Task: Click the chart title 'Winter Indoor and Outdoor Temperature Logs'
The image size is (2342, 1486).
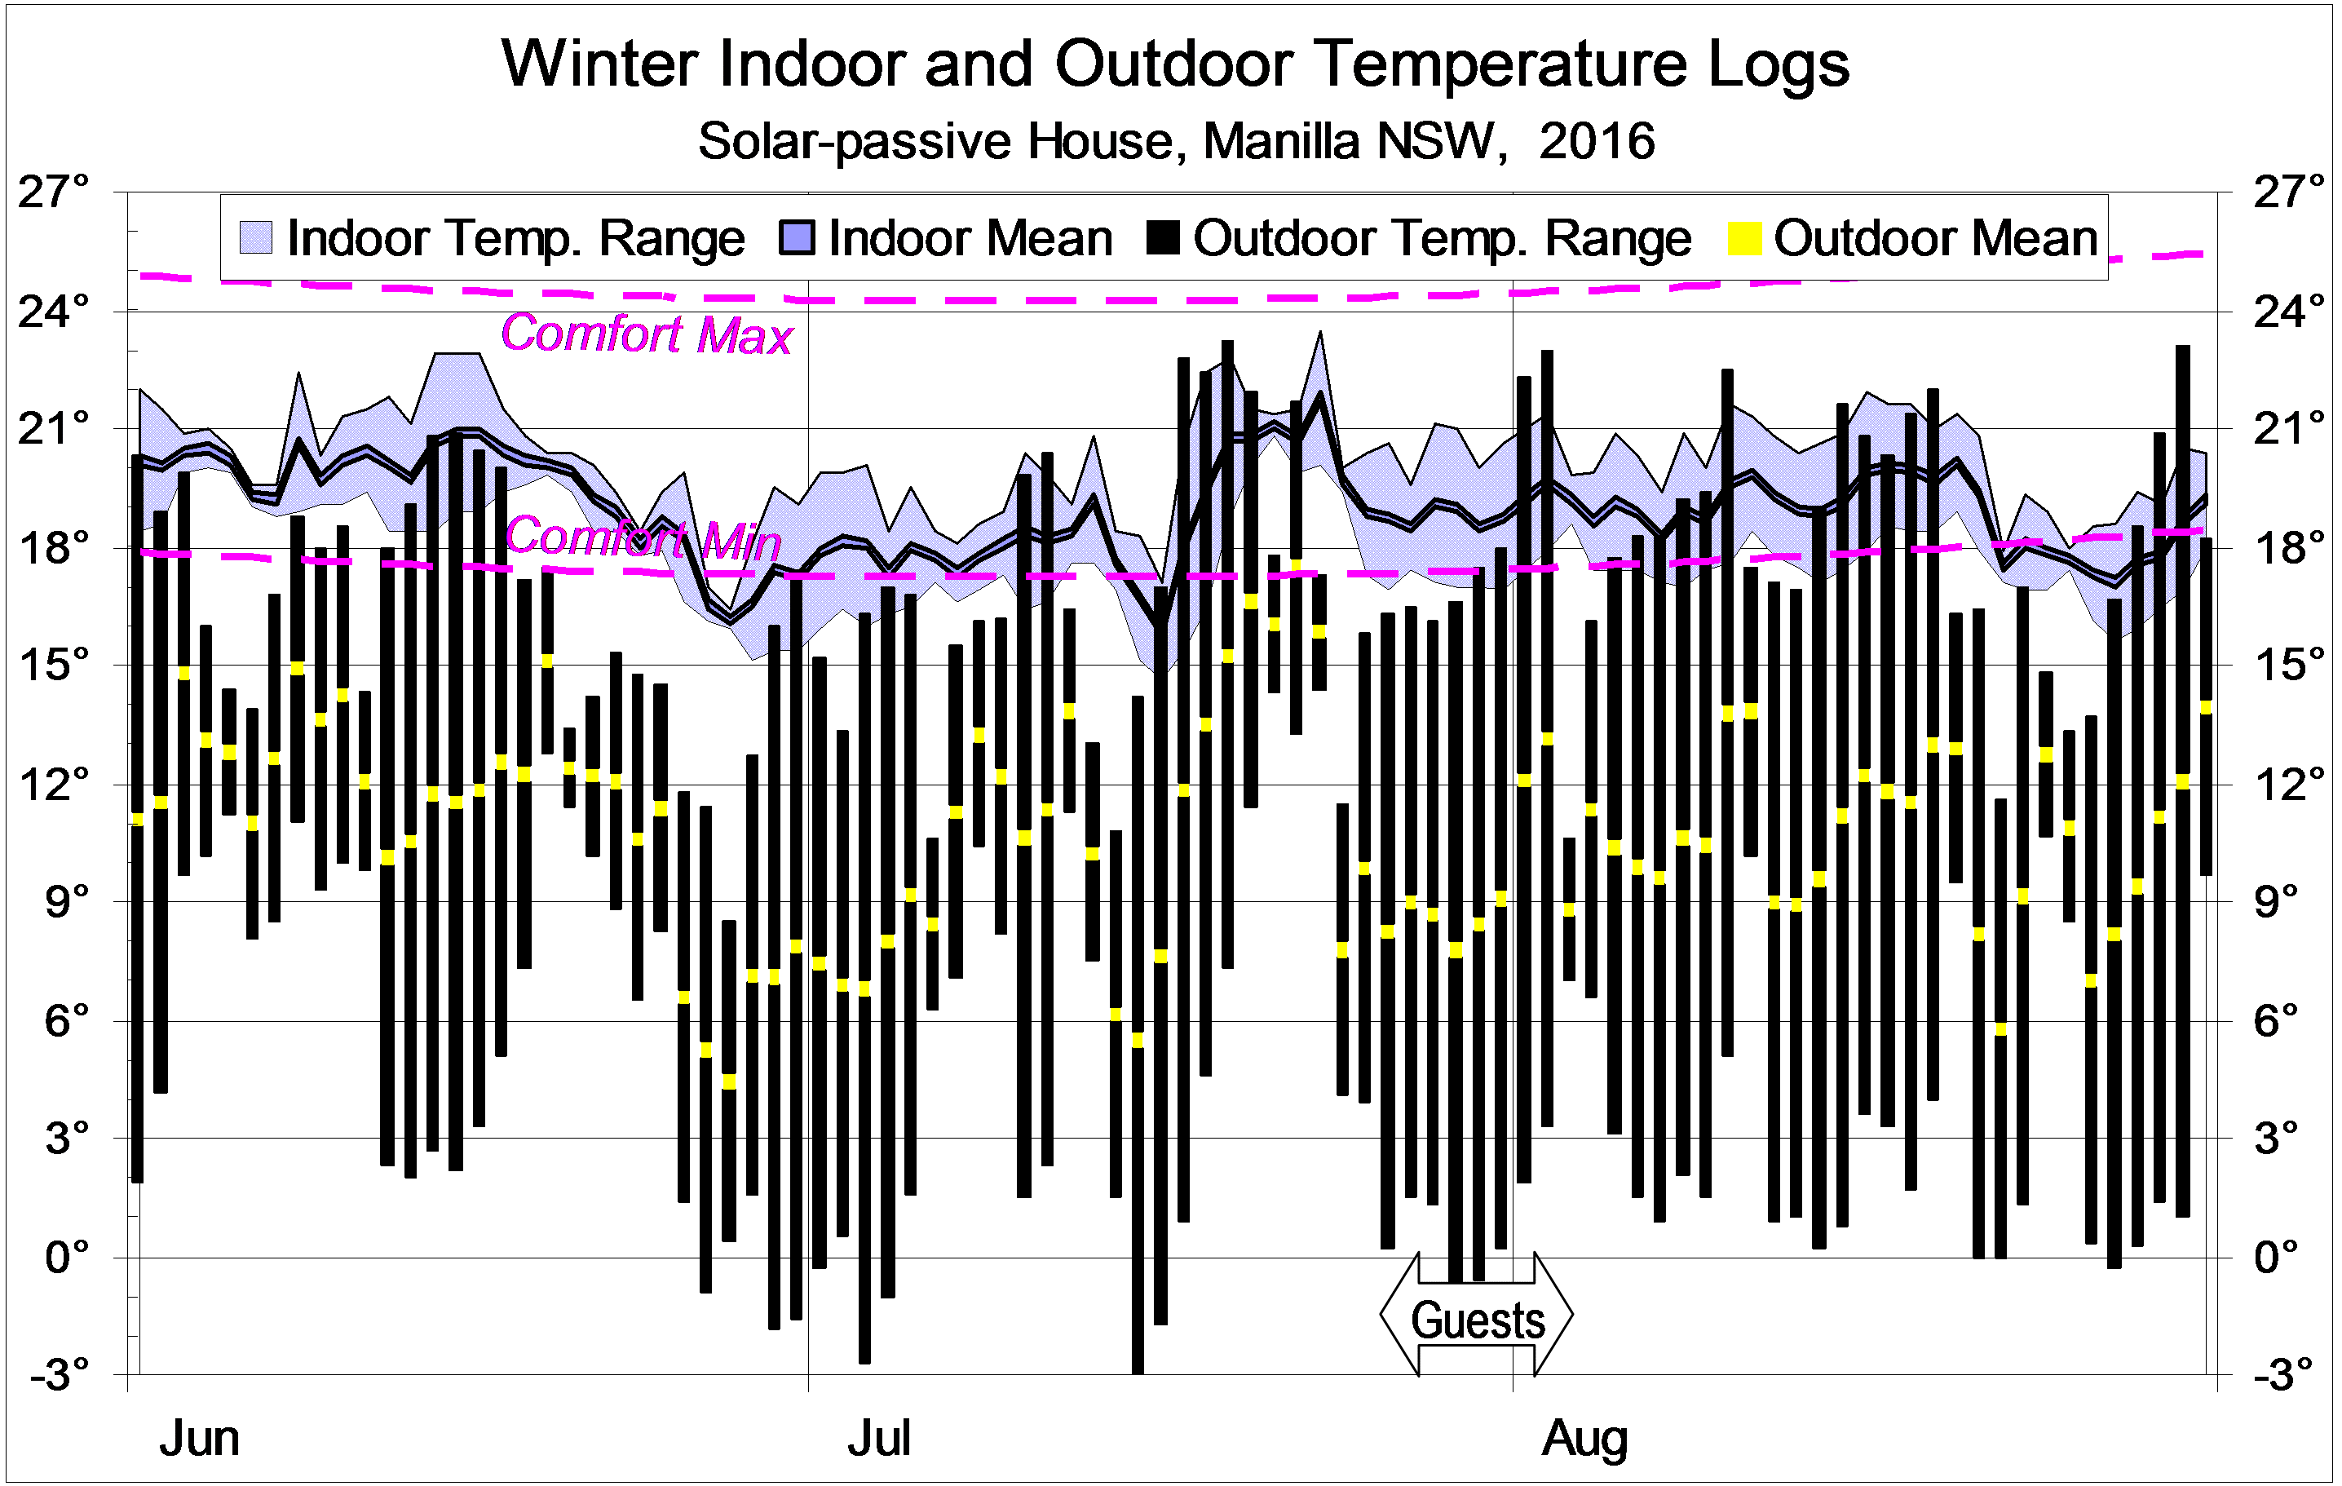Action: tap(1174, 64)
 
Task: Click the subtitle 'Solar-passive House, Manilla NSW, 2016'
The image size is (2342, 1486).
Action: tap(1176, 141)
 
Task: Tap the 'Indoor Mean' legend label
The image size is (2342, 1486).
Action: tap(970, 238)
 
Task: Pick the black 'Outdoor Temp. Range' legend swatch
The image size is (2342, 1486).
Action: tap(1163, 238)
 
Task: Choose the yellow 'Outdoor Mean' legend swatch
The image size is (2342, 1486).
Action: tap(1743, 238)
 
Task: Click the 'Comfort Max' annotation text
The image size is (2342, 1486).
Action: tap(647, 334)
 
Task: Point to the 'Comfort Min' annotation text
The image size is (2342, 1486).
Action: tap(643, 537)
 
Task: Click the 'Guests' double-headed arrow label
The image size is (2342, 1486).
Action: tap(1478, 1320)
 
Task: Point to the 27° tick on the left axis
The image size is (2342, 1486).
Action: tap(54, 192)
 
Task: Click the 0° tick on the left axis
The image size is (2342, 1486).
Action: tap(66, 1258)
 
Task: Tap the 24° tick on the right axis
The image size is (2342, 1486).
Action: tap(2288, 312)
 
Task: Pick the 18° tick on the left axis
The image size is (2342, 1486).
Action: tap(54, 547)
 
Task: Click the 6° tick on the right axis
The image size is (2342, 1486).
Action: tap(2276, 1021)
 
